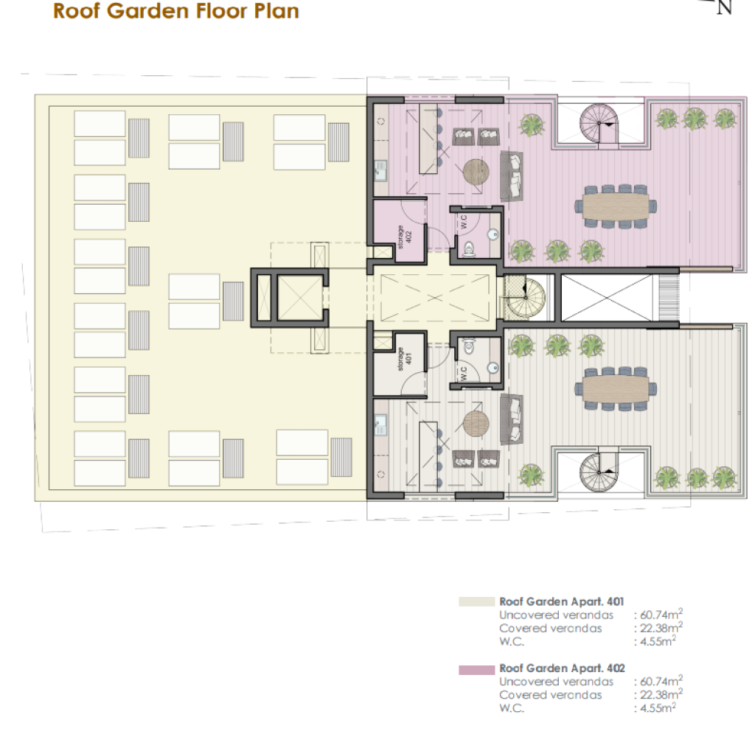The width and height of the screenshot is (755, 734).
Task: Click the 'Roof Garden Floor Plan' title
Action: pyautogui.click(x=175, y=10)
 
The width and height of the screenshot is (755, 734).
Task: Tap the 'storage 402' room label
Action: pyautogui.click(x=404, y=237)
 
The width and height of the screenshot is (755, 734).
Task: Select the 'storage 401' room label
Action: pyautogui.click(x=405, y=360)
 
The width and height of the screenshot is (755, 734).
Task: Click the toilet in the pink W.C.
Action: pyautogui.click(x=468, y=249)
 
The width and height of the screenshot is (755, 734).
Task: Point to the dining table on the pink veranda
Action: pyautogui.click(x=616, y=206)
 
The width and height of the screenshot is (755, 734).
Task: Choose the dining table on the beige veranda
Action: pyautogui.click(x=616, y=389)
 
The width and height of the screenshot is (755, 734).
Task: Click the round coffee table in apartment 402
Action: pyautogui.click(x=476, y=172)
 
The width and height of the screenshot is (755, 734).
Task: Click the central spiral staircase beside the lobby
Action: pyautogui.click(x=525, y=297)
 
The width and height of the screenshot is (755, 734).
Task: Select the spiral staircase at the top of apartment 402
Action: pyautogui.click(x=599, y=123)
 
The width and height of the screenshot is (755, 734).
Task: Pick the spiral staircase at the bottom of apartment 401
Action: pyautogui.click(x=599, y=472)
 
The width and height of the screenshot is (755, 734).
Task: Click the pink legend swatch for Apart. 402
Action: pyautogui.click(x=476, y=670)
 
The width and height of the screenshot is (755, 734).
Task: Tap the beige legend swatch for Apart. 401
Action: pyautogui.click(x=476, y=601)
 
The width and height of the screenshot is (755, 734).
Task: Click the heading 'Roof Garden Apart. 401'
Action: pyautogui.click(x=561, y=601)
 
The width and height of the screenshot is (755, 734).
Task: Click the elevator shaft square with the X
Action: pyautogui.click(x=300, y=298)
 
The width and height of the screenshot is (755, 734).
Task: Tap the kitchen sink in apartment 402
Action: pyautogui.click(x=380, y=170)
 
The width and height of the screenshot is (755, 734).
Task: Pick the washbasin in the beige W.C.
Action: pyautogui.click(x=493, y=368)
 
